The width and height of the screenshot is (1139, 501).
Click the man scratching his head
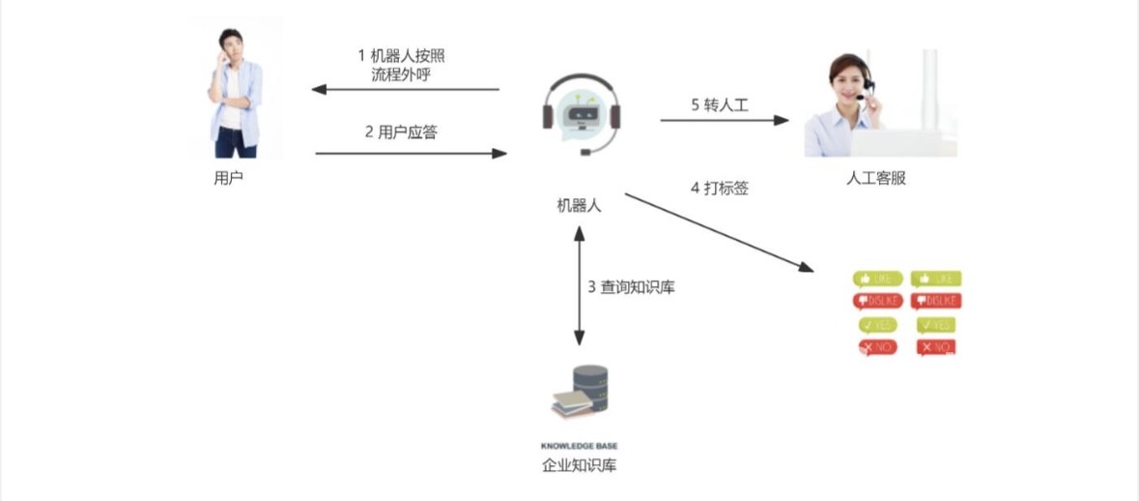tap(234, 92)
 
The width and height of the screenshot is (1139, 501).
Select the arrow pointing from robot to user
tap(406, 90)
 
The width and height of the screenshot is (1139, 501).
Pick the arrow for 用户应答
tap(411, 153)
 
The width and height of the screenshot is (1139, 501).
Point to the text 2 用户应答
tap(401, 132)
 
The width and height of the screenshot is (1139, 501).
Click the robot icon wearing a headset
tap(580, 114)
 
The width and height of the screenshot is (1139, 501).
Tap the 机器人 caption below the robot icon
tap(579, 205)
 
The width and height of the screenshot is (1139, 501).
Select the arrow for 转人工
tap(725, 120)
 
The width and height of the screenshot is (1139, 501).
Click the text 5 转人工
tap(720, 104)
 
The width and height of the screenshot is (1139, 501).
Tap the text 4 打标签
tap(720, 188)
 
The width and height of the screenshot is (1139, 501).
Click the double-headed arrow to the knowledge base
tap(579, 286)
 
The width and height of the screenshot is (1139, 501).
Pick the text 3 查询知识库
tap(631, 286)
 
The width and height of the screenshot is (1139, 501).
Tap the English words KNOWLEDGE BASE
tap(579, 446)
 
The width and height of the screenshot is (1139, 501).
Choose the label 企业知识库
tap(579, 466)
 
